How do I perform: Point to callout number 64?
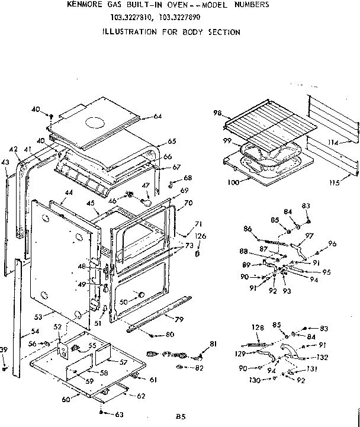point(157,116)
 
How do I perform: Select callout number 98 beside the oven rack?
point(217,113)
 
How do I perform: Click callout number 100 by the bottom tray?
point(233,182)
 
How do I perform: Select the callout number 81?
point(213,345)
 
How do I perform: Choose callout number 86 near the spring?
point(247,229)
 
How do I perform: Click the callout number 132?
point(322,358)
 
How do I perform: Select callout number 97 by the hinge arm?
point(308,236)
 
